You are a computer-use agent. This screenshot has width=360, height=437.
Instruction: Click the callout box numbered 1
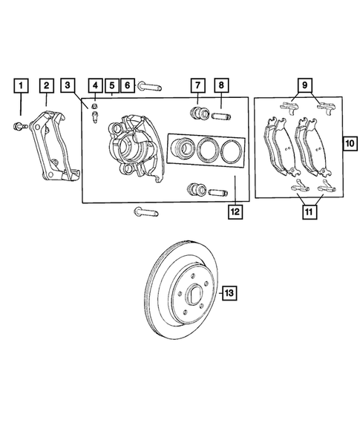pos(22,85)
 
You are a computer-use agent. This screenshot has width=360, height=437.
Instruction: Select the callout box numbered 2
pos(46,85)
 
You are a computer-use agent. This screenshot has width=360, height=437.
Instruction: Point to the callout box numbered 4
pos(94,85)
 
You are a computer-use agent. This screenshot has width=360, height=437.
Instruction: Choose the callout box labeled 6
pos(127,85)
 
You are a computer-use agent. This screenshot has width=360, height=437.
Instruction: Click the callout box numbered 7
pos(198,85)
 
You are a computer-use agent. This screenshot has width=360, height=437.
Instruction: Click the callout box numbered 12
pos(235,211)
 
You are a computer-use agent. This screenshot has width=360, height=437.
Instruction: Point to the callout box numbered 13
pos(230,295)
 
